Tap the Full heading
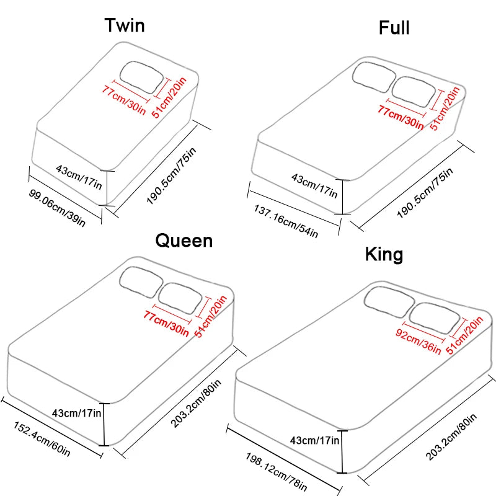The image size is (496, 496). click(394, 27)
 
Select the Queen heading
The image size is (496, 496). click(184, 240)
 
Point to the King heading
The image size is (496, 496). click(384, 254)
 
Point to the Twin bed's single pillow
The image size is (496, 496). click(142, 76)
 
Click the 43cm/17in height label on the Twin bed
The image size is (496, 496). click(79, 169)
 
